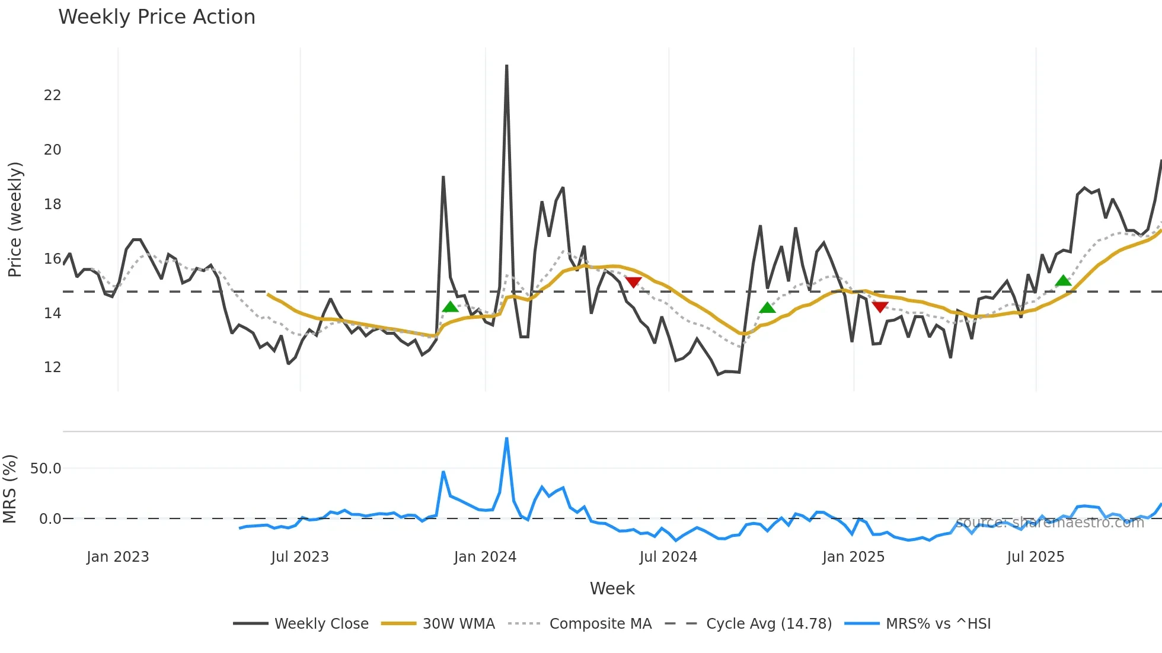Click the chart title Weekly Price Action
157,17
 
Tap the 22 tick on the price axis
52,95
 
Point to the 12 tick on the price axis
52,367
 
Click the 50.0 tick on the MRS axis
46,469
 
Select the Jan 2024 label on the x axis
485,557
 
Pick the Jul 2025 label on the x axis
1035,557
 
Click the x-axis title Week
612,588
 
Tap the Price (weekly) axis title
15,219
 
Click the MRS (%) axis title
10,489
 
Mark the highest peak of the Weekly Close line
506,66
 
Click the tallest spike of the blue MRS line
506,439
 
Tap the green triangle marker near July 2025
1064,281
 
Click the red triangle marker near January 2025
880,306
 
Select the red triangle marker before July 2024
633,282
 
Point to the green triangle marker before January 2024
451,307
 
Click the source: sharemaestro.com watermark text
1049,523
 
